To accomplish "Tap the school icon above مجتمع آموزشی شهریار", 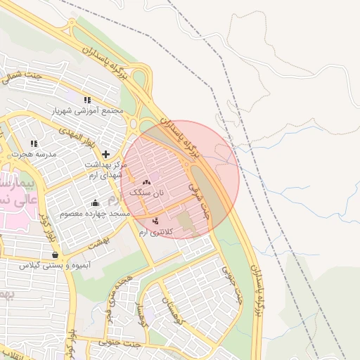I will coord(87,100).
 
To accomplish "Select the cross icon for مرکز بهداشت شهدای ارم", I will coord(106,154).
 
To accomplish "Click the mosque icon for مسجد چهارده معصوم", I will coord(95,203).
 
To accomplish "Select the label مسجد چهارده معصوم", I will coord(95,213).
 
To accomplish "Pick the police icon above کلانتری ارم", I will coord(155,222).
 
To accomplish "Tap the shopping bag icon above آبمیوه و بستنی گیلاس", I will coord(55,255).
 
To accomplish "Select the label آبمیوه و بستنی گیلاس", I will coord(54,265).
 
